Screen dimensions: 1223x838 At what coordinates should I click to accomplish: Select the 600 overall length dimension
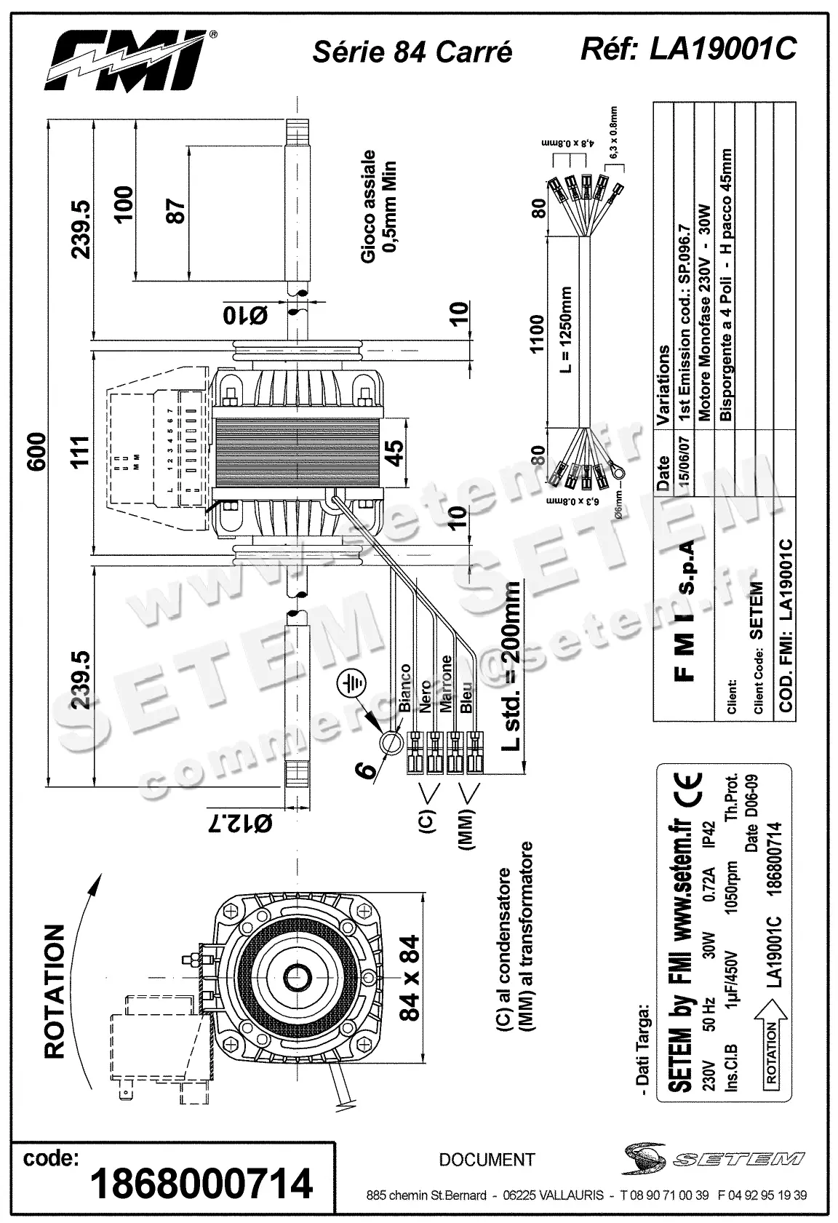pos(38,451)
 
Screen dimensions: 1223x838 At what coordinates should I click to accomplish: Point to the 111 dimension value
pos(80,451)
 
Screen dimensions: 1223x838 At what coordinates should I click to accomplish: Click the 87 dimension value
pos(176,211)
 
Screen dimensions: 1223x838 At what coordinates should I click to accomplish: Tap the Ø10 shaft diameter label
pos(245,314)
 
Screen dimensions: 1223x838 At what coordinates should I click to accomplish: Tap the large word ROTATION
pos(55,991)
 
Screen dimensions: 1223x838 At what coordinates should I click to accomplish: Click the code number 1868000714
pos(201,1183)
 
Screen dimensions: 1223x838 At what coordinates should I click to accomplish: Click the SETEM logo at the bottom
pos(714,1157)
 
